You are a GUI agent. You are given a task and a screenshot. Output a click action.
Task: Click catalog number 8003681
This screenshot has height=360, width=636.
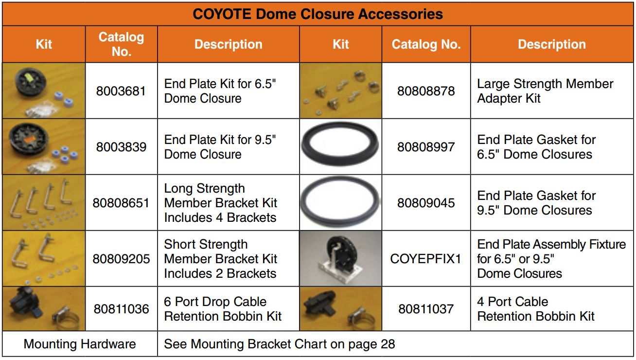pos(121,91)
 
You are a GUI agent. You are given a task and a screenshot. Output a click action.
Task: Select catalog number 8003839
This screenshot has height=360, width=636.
pos(121,147)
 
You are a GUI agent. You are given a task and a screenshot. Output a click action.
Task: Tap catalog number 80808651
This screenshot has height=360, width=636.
pos(121,203)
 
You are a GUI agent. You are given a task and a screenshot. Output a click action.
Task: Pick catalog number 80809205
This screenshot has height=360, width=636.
pos(121,259)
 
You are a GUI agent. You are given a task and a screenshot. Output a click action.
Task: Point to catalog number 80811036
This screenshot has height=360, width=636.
pos(121,309)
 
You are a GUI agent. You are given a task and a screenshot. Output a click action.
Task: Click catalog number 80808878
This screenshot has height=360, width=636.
pos(426,91)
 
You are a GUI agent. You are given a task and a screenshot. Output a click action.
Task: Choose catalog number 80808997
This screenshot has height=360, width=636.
pos(426,147)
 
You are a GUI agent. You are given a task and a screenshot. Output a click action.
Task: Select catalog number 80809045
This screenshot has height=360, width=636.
pos(426,203)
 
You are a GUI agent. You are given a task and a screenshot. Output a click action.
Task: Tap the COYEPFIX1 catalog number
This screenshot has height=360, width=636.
pos(426,259)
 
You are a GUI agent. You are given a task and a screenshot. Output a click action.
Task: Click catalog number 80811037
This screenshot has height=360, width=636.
pos(426,309)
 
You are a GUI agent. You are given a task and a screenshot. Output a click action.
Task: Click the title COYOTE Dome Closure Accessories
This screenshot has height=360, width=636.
pos(318,14)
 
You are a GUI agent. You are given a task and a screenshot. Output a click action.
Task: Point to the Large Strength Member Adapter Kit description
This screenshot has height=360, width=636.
pos(545,91)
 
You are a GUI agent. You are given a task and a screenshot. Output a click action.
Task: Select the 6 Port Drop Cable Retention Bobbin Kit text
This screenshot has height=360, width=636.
pos(223,309)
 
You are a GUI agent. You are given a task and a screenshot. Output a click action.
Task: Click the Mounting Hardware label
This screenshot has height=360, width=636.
pos(80,344)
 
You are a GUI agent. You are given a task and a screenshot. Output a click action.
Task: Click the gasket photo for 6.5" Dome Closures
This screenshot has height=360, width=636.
pos(340,146)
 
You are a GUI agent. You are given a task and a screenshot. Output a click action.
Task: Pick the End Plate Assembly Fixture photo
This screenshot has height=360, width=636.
pos(340,258)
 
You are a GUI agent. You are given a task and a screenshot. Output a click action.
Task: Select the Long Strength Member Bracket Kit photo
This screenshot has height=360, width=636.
pos(44,202)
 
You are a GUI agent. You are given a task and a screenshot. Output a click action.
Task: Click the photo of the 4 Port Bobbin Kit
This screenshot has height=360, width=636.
pos(340,309)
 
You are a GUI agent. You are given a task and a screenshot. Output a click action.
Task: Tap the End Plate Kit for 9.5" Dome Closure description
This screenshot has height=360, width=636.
pos(220,147)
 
